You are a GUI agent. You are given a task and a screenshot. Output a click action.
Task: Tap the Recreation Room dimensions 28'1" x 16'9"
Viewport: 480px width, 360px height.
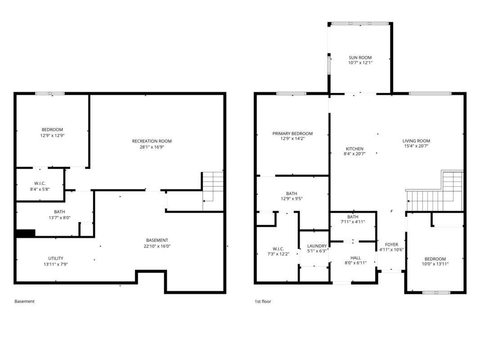click(x=152, y=147)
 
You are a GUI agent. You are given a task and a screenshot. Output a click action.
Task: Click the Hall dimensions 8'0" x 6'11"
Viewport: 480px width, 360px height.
click(x=355, y=263)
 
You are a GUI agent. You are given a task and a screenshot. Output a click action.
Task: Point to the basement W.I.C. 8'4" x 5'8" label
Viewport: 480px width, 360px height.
click(x=40, y=186)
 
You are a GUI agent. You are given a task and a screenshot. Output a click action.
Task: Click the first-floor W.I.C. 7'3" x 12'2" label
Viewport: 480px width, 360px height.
click(x=278, y=252)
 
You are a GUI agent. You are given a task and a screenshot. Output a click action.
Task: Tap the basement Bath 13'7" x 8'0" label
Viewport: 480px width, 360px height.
click(x=59, y=215)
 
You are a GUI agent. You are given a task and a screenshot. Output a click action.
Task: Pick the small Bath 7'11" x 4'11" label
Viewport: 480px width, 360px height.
click(x=353, y=219)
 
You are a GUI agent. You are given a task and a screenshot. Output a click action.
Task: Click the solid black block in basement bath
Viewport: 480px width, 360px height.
click(x=25, y=233)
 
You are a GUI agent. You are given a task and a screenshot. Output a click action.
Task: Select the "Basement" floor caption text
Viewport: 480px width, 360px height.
click(x=24, y=301)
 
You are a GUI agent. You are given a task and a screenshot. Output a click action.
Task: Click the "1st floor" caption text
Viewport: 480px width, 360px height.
click(x=263, y=301)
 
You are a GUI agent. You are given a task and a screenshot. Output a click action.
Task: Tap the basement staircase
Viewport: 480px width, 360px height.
click(x=213, y=191)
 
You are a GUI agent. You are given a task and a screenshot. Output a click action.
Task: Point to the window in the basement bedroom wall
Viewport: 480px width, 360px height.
click(x=50, y=93)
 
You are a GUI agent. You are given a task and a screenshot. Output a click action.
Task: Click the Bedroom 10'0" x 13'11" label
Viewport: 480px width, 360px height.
click(x=435, y=261)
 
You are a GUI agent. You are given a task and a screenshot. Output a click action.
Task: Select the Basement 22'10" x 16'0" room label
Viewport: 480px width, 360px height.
click(x=157, y=243)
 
